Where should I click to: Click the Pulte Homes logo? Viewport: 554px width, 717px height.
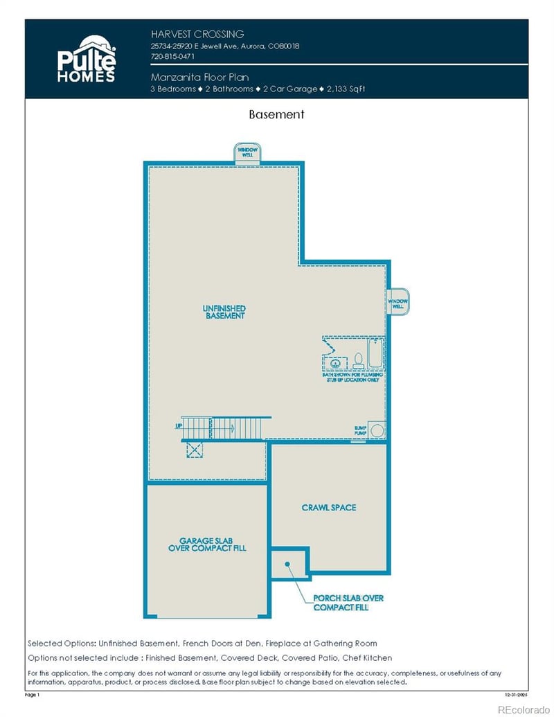(x=86, y=58)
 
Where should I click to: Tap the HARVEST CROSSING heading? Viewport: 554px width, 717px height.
(x=197, y=34)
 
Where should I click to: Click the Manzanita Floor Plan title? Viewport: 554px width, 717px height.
(x=199, y=78)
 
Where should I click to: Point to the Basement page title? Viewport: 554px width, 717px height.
(x=276, y=114)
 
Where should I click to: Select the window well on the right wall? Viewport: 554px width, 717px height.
(x=397, y=302)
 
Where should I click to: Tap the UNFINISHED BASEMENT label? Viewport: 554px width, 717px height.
(x=224, y=312)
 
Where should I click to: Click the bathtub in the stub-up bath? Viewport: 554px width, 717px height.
(x=375, y=353)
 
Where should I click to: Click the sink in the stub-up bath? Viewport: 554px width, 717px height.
(x=335, y=362)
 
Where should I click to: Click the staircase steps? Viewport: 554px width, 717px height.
(x=222, y=428)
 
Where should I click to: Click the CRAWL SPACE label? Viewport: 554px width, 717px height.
(x=329, y=508)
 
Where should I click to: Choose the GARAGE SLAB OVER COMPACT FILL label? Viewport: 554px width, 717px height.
(x=207, y=544)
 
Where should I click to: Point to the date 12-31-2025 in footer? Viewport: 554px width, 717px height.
(x=517, y=693)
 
